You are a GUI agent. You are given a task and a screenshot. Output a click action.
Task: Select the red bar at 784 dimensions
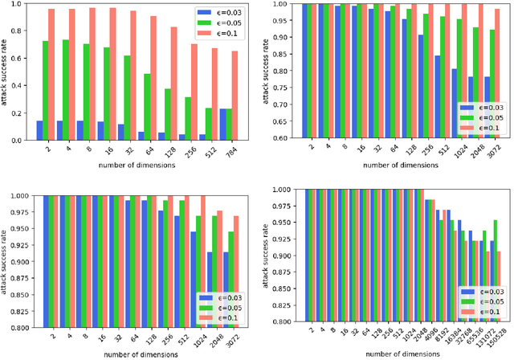[x=235, y=96]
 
